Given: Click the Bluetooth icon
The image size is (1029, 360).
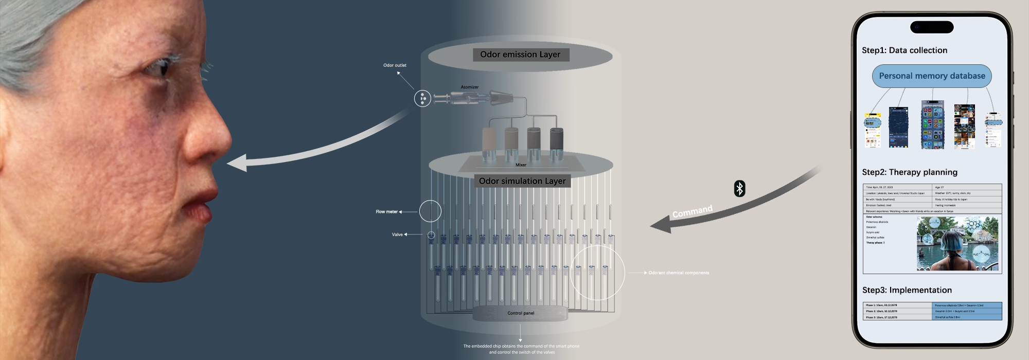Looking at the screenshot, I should tap(739, 189).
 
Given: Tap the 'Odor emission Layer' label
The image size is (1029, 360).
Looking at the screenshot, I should tap(520, 55).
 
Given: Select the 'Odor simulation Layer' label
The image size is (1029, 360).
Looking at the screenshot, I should tap(522, 181).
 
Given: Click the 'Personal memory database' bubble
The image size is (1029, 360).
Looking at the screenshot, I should tap(932, 76).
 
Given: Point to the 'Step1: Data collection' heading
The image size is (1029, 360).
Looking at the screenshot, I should tap(904, 50).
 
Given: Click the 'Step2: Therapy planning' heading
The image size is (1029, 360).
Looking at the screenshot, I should tap(909, 172).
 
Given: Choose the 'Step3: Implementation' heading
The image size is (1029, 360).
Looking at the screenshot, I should tap(907, 290).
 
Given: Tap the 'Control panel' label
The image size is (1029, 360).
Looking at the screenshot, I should tap(521, 313).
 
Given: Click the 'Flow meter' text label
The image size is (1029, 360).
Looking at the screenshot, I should tap(386, 212).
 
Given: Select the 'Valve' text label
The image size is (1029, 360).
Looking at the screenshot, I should tap(397, 235).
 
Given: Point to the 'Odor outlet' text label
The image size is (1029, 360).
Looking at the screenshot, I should tap(395, 65).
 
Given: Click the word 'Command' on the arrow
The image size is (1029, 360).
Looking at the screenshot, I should tap(692, 211).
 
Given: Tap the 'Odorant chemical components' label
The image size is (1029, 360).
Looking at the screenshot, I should tap(679, 273).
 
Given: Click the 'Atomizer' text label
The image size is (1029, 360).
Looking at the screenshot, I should tap(469, 87).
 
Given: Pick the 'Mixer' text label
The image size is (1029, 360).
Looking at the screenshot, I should tap(521, 165).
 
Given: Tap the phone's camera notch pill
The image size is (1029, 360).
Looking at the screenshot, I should tap(931, 27).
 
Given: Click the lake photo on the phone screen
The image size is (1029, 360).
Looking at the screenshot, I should tap(957, 243).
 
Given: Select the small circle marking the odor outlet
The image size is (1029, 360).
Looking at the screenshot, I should tap(422, 98).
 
